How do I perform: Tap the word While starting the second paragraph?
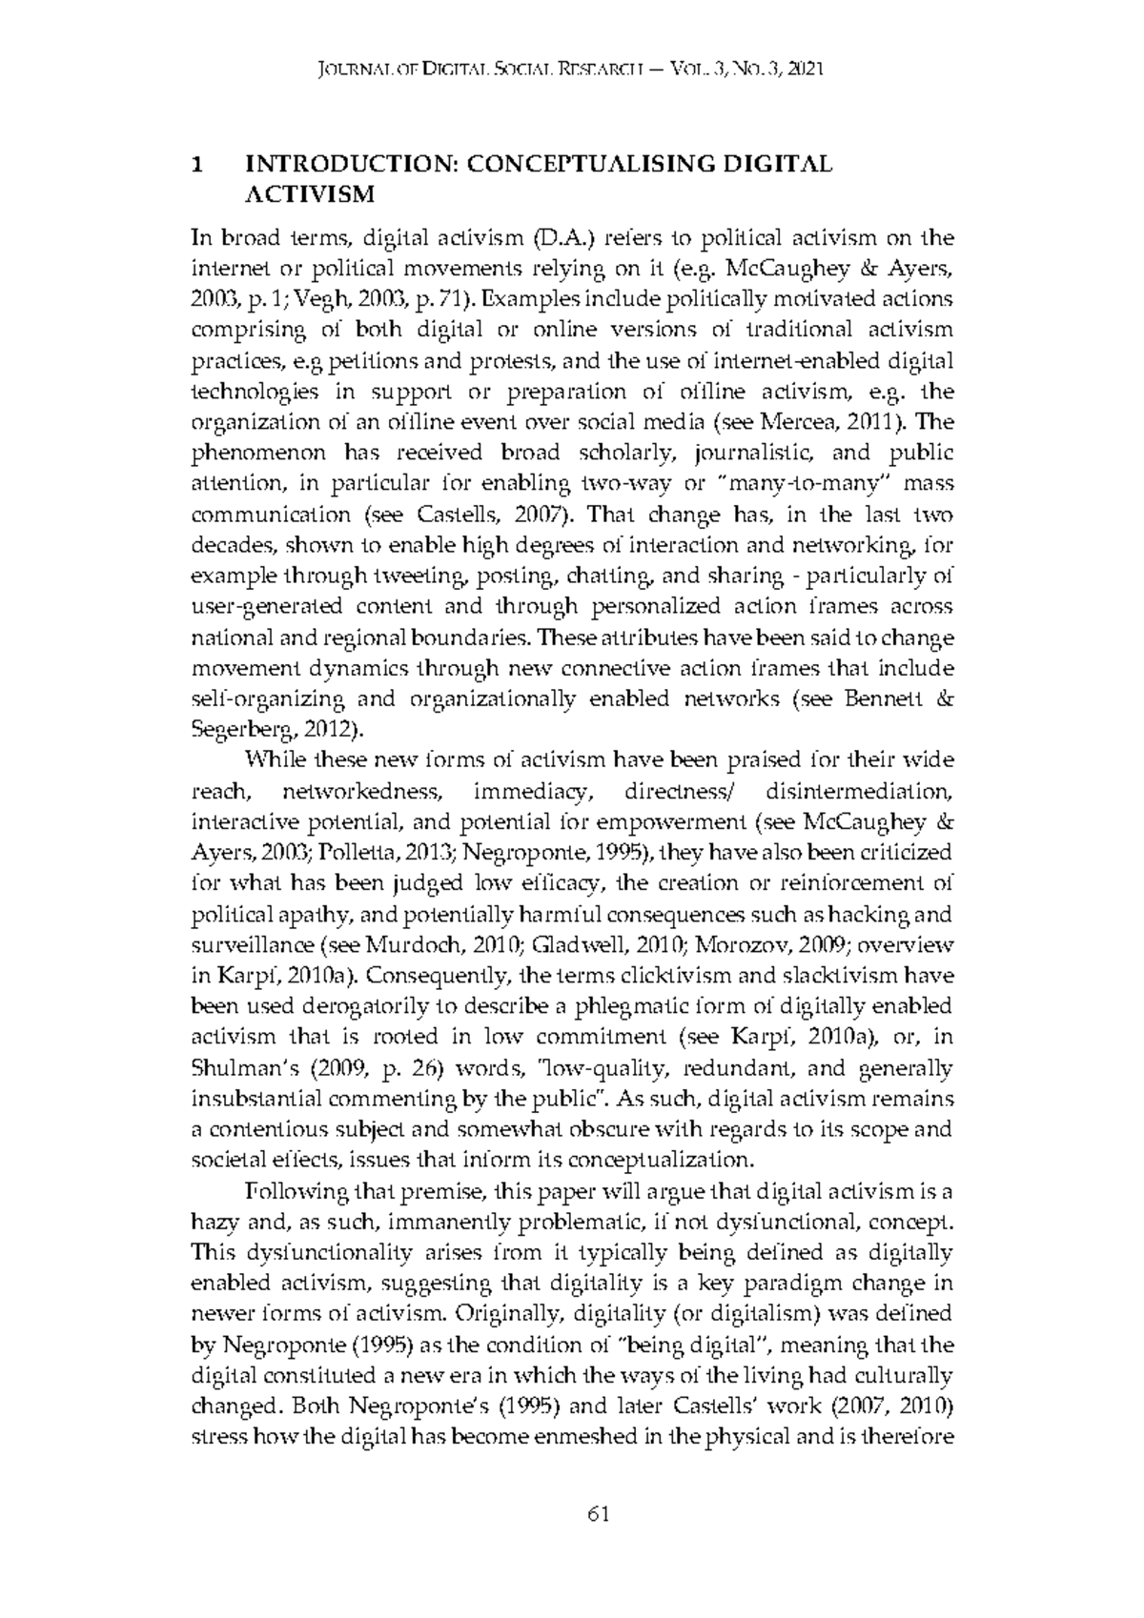[276, 760]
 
